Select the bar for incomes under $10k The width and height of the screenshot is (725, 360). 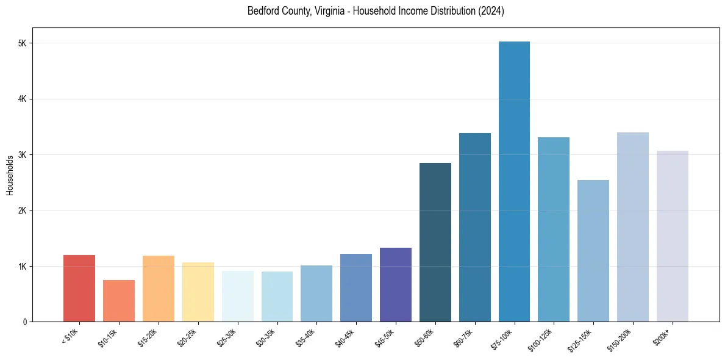[79, 289]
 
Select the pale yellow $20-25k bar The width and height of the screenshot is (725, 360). [198, 292]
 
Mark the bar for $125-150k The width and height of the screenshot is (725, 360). [593, 251]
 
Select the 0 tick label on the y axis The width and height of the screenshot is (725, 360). [24, 322]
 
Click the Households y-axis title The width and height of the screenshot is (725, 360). [10, 175]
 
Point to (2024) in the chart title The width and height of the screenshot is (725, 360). [491, 11]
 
